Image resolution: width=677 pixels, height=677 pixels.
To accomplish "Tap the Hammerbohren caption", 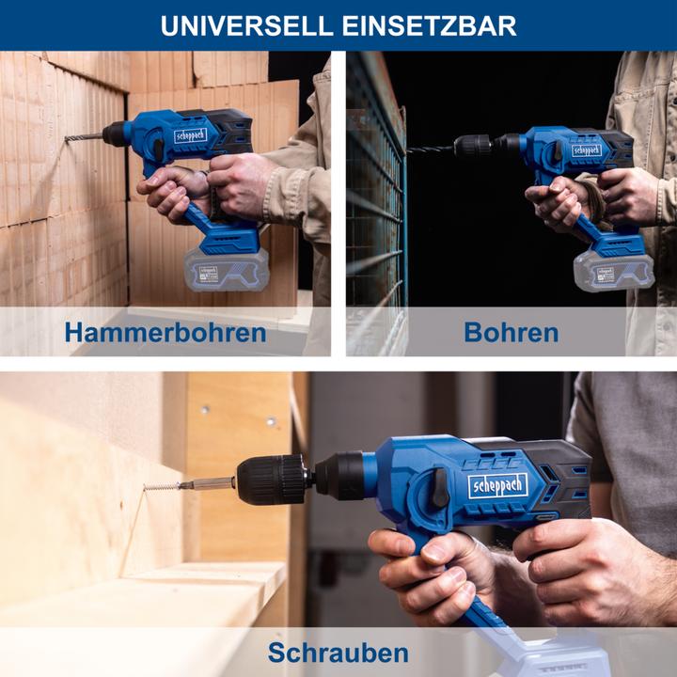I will (165, 332).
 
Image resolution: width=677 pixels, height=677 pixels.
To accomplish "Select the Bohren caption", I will (511, 332).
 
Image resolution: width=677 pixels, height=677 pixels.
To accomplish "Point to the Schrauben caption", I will (338, 653).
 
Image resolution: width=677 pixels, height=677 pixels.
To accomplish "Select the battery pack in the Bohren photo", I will (613, 273).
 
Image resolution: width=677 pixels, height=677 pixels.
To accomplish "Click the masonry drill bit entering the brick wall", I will (84, 138).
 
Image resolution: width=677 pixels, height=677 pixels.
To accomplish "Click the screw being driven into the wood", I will (162, 486).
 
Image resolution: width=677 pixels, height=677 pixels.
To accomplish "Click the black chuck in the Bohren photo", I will (473, 145).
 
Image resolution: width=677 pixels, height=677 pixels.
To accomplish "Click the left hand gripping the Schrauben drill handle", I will (423, 568).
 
